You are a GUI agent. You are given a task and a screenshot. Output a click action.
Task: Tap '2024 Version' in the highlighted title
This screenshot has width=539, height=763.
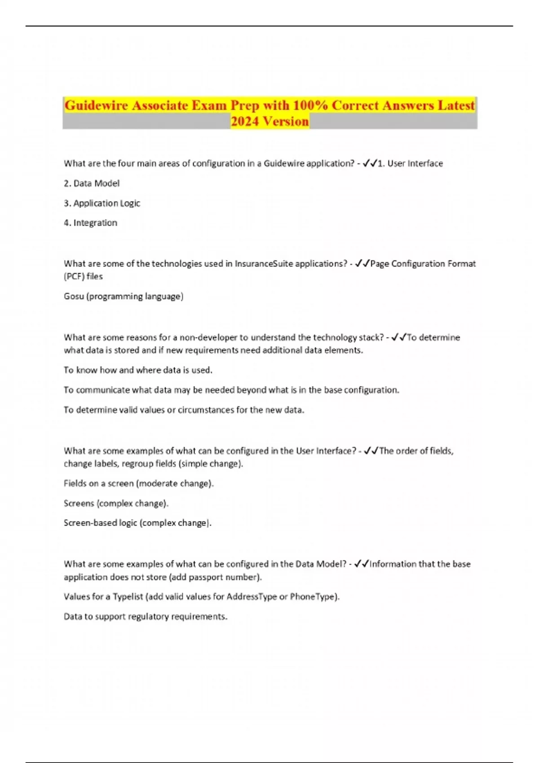269,121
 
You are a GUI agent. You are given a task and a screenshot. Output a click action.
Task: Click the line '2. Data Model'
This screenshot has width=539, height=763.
92,183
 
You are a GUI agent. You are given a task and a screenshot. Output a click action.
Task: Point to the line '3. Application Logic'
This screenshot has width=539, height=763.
102,203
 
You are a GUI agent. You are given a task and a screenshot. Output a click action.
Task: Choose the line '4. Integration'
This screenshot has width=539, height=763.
90,223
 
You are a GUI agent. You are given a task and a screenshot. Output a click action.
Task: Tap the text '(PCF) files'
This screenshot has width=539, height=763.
83,276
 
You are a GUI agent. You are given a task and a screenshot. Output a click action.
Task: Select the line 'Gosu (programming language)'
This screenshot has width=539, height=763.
124,296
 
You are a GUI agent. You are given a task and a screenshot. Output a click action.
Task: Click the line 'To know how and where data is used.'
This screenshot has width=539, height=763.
138,370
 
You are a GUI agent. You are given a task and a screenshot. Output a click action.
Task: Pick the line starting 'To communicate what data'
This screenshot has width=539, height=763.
231,390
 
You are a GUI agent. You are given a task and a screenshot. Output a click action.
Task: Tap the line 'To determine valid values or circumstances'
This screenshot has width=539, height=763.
184,409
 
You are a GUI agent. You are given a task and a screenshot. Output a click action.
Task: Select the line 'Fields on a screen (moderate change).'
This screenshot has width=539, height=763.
138,483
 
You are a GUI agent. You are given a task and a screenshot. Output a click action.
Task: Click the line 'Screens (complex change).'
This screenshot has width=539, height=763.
116,503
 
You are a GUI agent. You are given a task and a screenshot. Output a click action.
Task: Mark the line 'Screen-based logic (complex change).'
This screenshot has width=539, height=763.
137,523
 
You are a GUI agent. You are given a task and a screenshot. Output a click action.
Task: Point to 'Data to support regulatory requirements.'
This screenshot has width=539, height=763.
146,616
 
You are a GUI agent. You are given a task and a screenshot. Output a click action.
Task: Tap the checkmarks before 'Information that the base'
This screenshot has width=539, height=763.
362,564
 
